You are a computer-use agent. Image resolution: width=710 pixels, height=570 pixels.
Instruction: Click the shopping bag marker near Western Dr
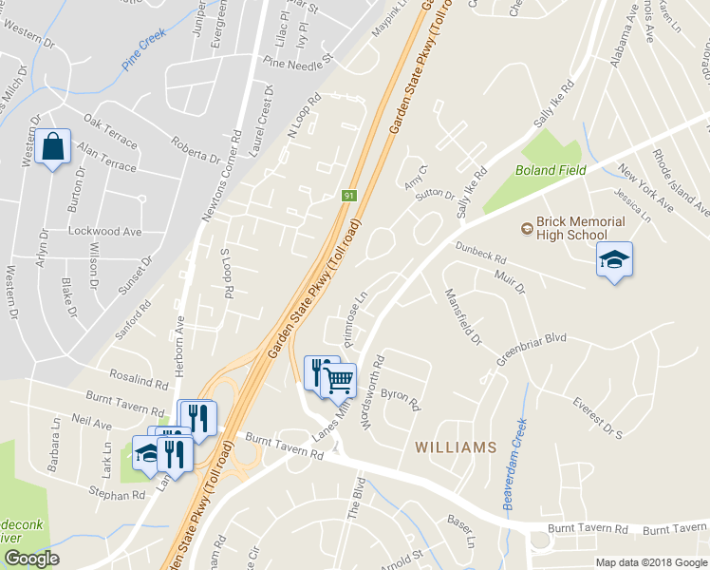(53, 147)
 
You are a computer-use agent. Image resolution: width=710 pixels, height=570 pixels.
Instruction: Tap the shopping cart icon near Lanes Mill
(338, 380)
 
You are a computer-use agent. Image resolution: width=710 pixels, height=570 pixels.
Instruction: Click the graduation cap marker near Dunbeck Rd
(613, 258)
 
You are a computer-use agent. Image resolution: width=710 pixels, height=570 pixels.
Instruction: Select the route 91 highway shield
(348, 196)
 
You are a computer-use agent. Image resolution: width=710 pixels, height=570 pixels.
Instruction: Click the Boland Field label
(551, 170)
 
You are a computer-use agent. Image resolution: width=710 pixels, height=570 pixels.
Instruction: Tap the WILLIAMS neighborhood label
(455, 447)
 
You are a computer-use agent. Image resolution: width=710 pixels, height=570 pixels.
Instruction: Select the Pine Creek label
(143, 49)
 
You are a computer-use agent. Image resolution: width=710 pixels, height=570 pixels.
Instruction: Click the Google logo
(31, 559)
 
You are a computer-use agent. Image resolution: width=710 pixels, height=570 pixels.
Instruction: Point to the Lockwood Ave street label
(104, 231)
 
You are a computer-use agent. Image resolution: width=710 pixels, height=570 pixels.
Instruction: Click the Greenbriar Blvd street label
(532, 350)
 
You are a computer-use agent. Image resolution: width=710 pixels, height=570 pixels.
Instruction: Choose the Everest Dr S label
(597, 418)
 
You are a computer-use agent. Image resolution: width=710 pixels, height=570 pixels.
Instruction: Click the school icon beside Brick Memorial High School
(526, 228)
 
